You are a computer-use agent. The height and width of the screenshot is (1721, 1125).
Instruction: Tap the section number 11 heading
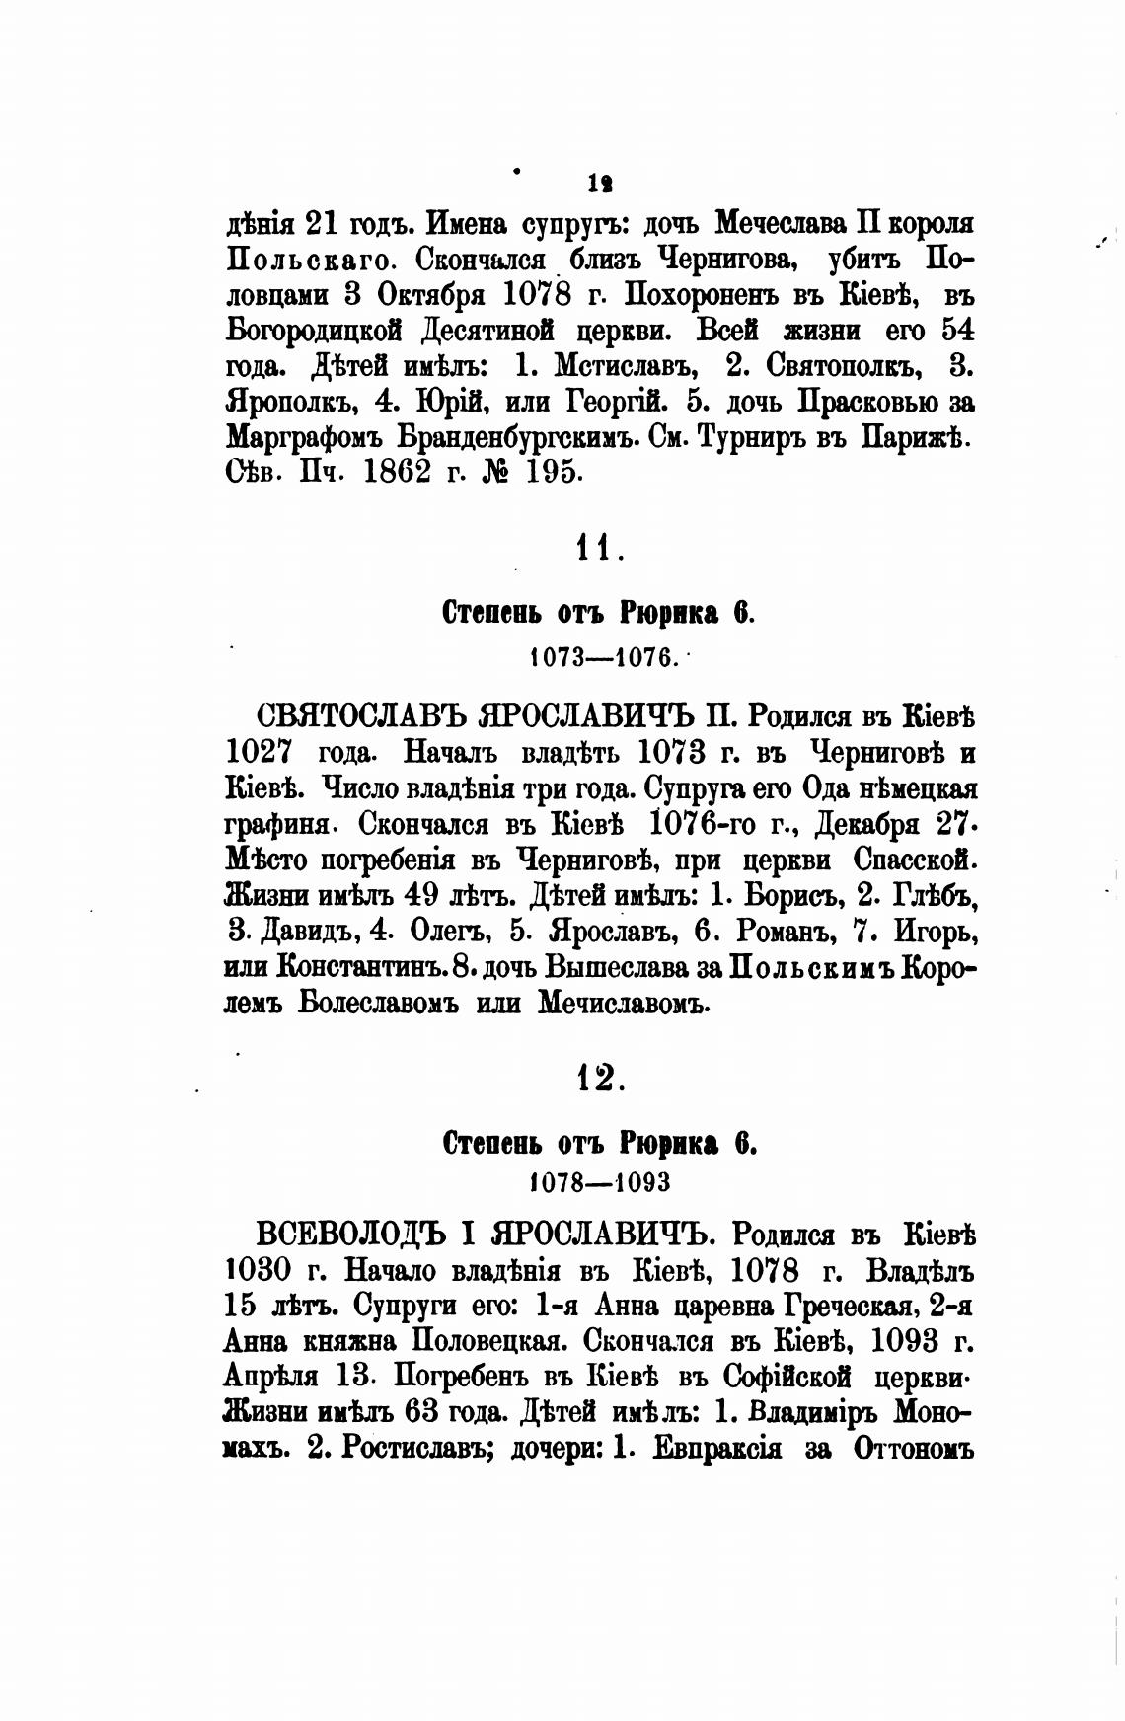pos(598,548)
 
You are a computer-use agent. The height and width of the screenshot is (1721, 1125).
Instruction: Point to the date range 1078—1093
pos(600,1181)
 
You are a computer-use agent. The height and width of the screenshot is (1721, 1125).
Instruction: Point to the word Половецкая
pos(487,1341)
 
